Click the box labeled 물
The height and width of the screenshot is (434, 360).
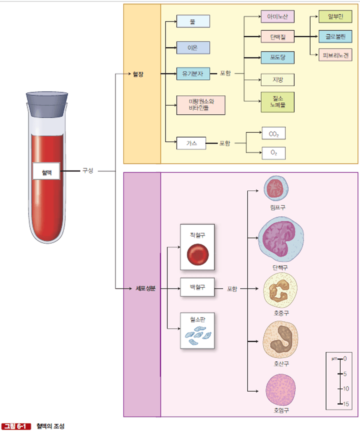(193, 21)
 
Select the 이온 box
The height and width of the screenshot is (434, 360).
(193, 48)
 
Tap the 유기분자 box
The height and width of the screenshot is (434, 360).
(193, 74)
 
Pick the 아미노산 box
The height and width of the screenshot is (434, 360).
(277, 17)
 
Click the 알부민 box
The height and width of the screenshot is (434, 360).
(335, 17)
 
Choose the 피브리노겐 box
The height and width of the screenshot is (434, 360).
(335, 55)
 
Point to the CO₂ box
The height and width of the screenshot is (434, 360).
(274, 134)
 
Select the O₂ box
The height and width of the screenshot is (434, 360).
(274, 153)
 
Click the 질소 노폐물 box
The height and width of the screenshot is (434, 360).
(277, 102)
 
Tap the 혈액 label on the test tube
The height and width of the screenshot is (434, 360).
(46, 171)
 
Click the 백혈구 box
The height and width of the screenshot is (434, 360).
(197, 288)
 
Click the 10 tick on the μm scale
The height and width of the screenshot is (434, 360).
(340, 388)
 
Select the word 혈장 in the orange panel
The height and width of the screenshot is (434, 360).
(138, 74)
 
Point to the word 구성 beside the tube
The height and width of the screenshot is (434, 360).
(88, 171)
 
